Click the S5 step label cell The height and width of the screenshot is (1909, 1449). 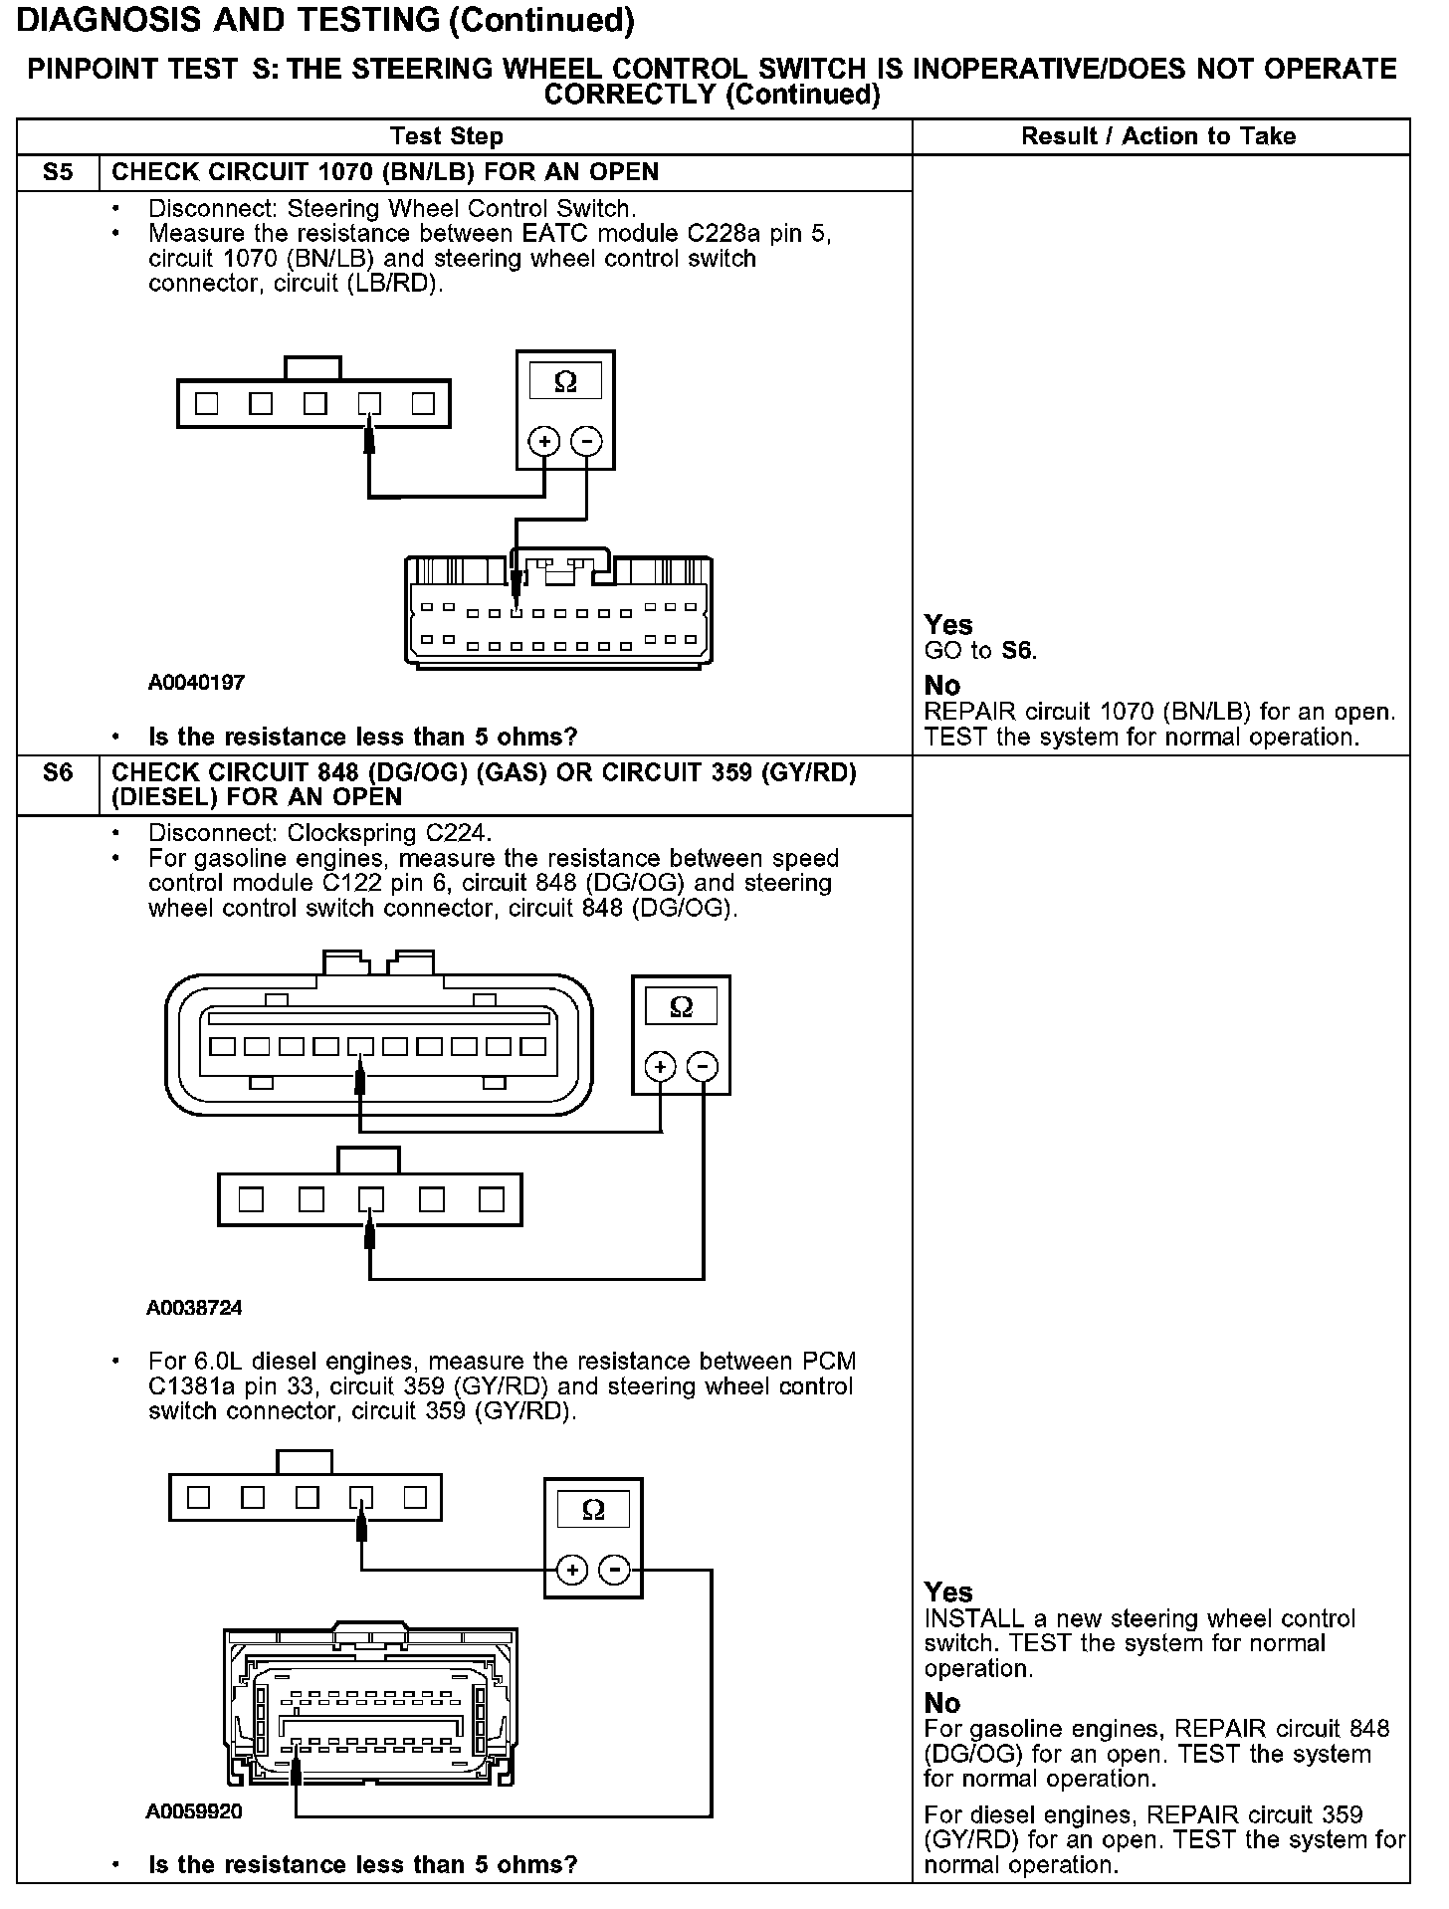pyautogui.click(x=58, y=172)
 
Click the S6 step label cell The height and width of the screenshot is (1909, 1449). pyautogui.click(x=58, y=773)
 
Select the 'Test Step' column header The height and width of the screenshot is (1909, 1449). pyautogui.click(x=447, y=136)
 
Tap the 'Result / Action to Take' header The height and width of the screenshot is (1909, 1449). pyautogui.click(x=1158, y=136)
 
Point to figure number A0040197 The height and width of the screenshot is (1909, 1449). pyautogui.click(x=196, y=683)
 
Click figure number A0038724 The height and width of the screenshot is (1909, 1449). pyautogui.click(x=194, y=1307)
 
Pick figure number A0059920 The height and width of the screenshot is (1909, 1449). pyautogui.click(x=194, y=1811)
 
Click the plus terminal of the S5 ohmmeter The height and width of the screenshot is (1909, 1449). pyautogui.click(x=543, y=440)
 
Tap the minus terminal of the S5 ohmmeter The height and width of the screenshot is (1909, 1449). pyautogui.click(x=587, y=440)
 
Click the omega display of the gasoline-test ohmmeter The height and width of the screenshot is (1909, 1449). pyautogui.click(x=681, y=1007)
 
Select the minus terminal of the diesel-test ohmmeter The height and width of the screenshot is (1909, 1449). pyautogui.click(x=616, y=1571)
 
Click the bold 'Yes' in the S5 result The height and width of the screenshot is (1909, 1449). pyautogui.click(x=948, y=624)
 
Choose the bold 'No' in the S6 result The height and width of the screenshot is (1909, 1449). pyautogui.click(x=942, y=1702)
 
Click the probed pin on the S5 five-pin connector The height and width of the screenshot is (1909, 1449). pyautogui.click(x=369, y=404)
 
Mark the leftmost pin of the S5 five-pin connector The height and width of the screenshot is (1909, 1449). pyautogui.click(x=207, y=404)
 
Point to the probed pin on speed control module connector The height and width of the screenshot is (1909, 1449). pyautogui.click(x=360, y=1047)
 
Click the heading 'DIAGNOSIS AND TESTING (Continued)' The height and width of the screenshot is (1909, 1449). pyautogui.click(x=326, y=20)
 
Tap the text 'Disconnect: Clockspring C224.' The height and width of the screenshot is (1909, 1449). pyautogui.click(x=319, y=832)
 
